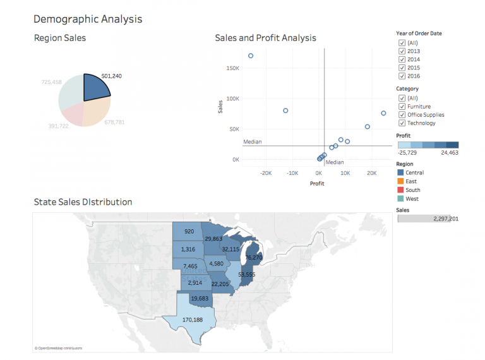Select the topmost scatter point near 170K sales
tap(251, 56)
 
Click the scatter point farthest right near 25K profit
tap(383, 113)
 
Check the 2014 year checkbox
tap(402, 59)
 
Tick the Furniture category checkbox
tap(402, 107)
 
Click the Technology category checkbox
tap(402, 123)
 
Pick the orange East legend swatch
tap(400, 181)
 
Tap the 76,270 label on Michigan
tap(254, 258)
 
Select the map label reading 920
tap(189, 232)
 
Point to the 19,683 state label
tap(200, 298)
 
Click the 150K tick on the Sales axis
tap(232, 68)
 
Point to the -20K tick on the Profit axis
tap(265, 172)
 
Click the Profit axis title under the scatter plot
tap(317, 183)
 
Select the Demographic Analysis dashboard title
tap(88, 19)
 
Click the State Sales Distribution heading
tap(83, 202)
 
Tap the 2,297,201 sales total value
tap(446, 219)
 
